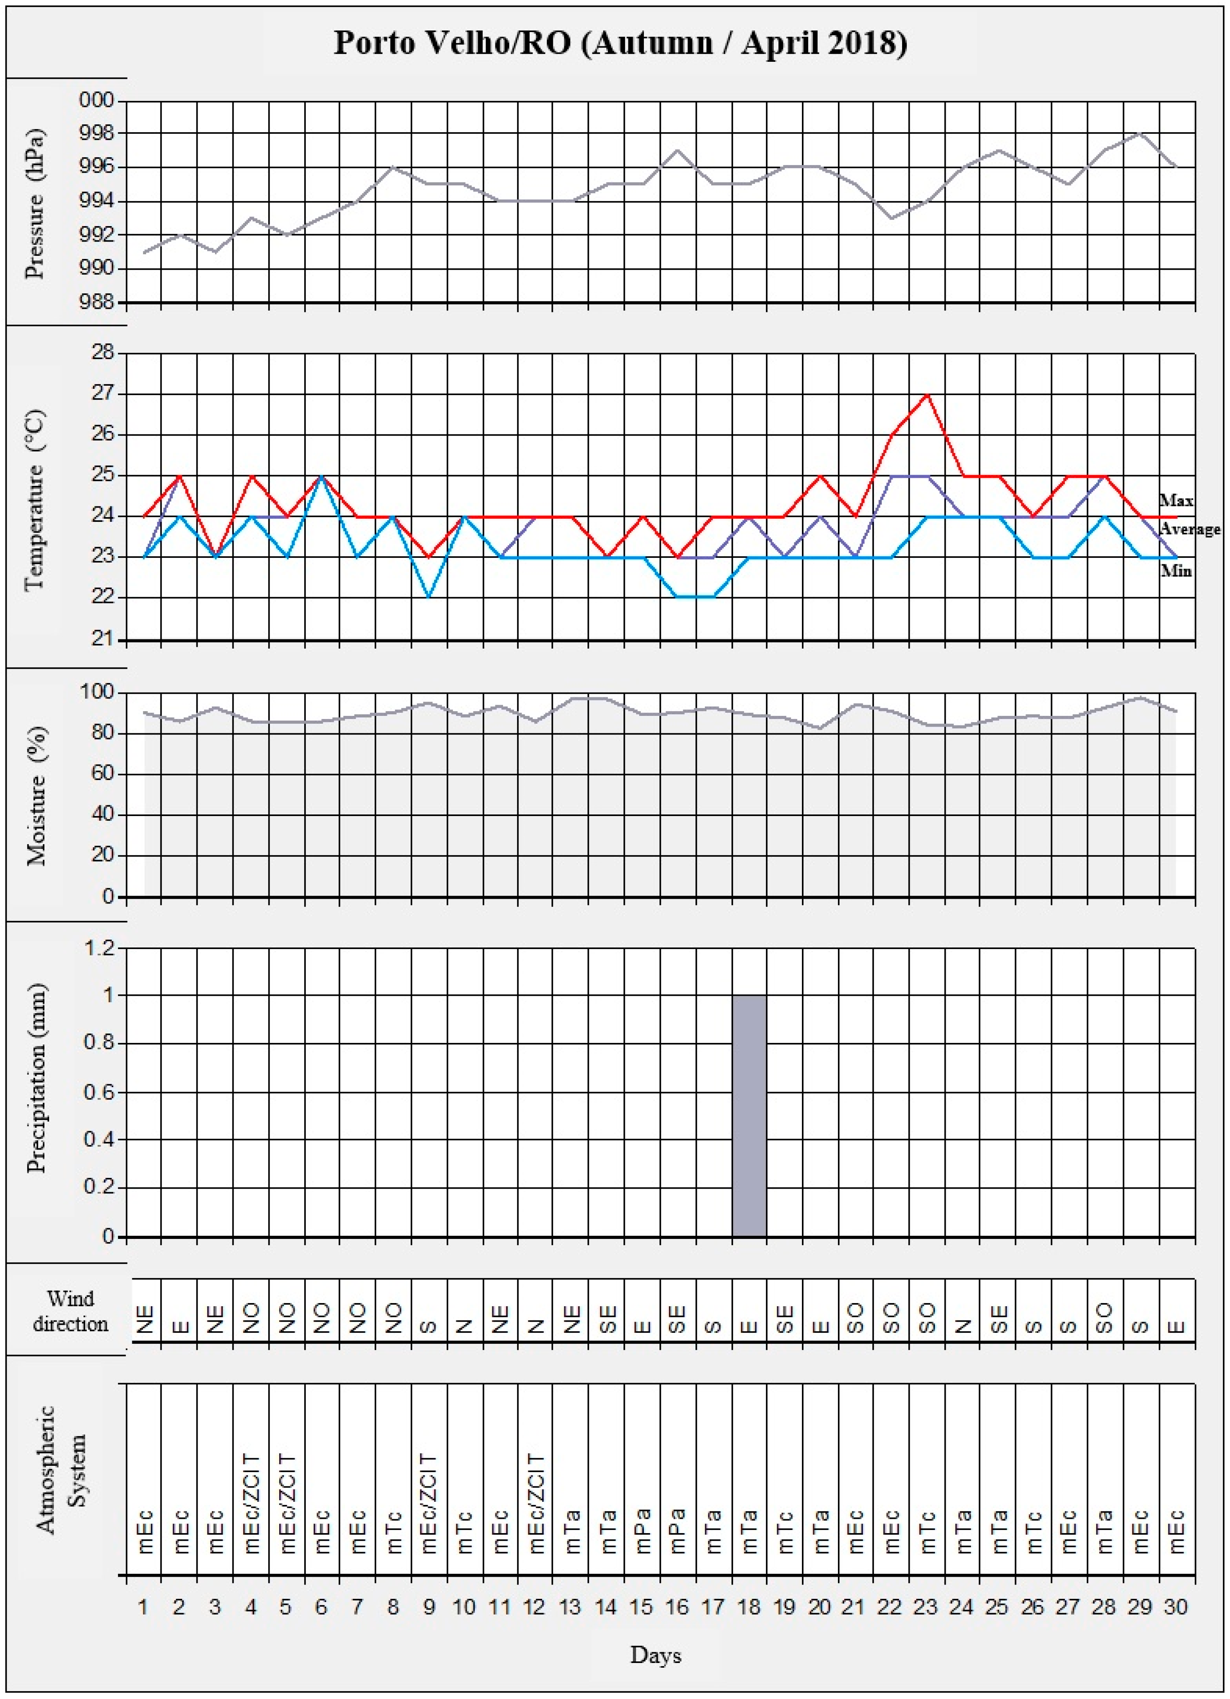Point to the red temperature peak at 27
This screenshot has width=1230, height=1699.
point(927,395)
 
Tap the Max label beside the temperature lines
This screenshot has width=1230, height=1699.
point(1176,500)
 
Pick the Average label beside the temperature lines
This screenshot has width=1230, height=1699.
point(1190,530)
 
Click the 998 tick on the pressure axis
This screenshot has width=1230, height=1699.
point(97,133)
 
